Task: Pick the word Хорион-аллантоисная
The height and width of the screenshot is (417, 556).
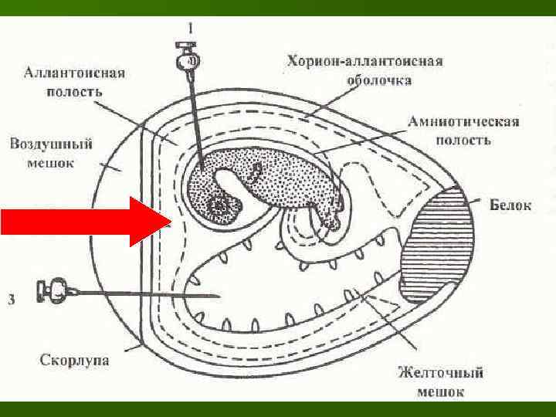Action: coord(365,61)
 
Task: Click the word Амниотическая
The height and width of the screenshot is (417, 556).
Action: coord(463,122)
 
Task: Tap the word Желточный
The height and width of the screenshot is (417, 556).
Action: coord(441,373)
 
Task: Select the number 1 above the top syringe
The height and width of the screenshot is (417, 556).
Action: coord(189,29)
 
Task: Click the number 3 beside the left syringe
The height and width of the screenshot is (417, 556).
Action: coord(10,299)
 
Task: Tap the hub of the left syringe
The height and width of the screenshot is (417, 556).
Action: coord(53,292)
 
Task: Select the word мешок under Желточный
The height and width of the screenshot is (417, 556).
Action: coord(441,391)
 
